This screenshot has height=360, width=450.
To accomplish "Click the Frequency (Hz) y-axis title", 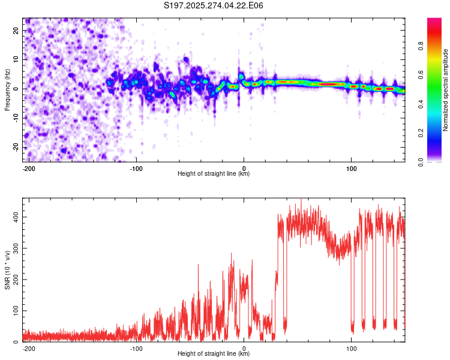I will click(x=7, y=89).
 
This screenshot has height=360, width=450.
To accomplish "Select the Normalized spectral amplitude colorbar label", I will click(x=445, y=90).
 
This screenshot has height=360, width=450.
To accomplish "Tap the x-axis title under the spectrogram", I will click(x=214, y=173).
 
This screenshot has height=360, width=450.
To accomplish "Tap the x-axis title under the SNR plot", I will click(x=214, y=353).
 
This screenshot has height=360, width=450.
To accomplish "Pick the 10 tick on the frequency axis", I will click(x=16, y=59).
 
